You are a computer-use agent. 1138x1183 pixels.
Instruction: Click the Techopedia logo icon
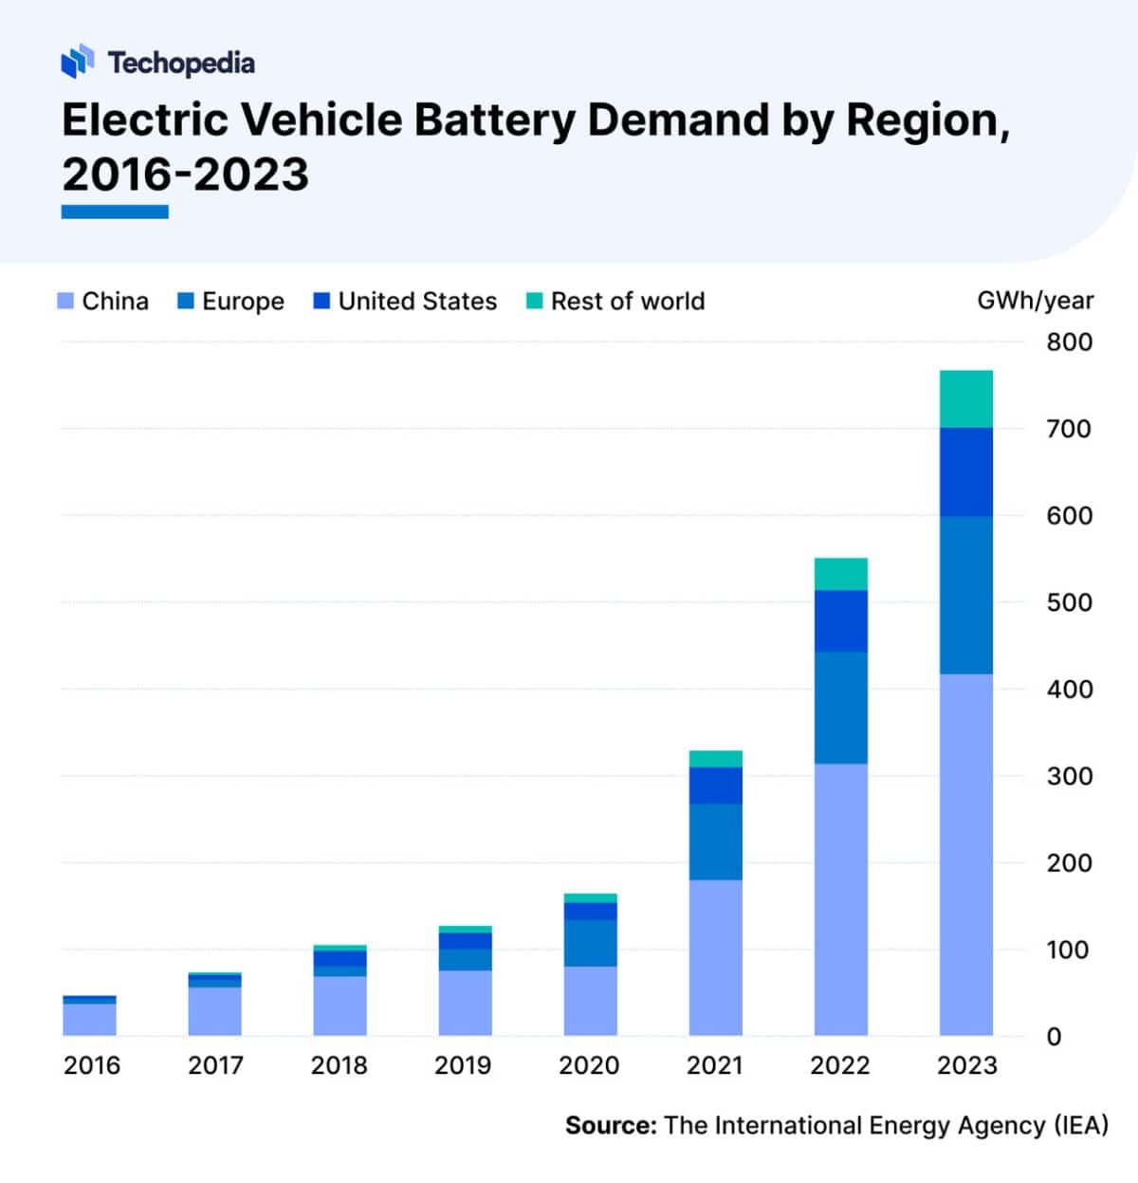78,62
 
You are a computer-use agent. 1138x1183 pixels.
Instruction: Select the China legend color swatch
65,302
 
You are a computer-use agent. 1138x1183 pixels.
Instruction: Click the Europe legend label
243,302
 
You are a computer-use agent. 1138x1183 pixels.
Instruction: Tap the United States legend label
417,302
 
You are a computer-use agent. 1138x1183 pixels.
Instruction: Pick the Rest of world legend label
628,302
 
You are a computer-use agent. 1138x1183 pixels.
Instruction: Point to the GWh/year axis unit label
1035,301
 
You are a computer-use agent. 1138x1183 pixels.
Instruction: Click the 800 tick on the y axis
1069,342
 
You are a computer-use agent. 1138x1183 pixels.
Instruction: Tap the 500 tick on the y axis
1069,602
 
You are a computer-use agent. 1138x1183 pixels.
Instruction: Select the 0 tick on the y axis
1054,1037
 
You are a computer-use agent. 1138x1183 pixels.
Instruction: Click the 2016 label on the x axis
91,1065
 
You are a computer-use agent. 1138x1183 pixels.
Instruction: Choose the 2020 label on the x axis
589,1065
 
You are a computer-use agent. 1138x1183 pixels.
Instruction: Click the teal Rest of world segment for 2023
965,398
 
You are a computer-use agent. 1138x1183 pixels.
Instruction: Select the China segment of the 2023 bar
965,854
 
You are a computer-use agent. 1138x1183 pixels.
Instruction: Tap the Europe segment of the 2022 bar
840,707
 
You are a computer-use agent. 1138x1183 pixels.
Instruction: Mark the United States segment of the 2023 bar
965,471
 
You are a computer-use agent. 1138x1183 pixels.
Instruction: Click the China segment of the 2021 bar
715,958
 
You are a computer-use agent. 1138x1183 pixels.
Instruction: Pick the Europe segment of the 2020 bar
590,943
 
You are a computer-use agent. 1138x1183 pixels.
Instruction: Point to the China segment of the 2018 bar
340,1006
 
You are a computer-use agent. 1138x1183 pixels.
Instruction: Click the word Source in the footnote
610,1126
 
